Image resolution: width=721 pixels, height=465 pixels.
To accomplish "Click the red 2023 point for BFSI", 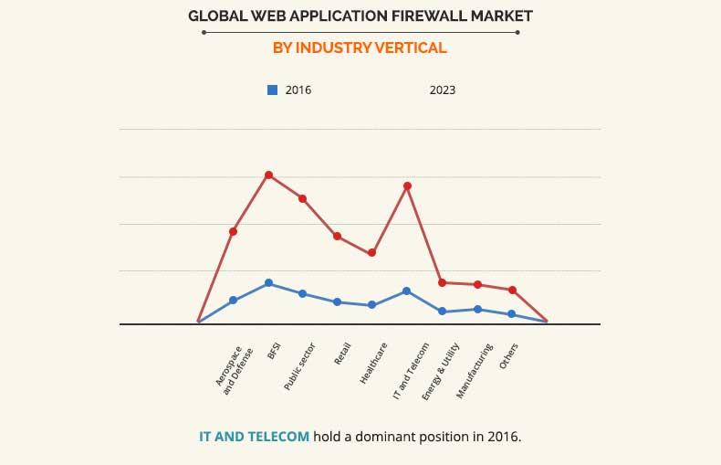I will [268, 174].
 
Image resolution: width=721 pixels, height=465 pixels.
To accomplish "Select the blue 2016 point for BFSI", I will [268, 283].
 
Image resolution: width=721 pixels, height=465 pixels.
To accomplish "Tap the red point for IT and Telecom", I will [407, 186].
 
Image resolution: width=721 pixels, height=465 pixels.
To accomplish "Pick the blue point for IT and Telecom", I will [407, 291].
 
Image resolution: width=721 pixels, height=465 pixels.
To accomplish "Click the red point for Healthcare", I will [372, 253].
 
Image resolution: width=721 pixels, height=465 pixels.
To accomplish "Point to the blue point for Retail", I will [338, 302].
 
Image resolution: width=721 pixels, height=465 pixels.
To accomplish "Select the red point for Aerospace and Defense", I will [234, 232].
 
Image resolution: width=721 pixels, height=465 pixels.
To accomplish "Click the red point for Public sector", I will [302, 198].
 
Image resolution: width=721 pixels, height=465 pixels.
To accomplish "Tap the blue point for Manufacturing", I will [477, 310].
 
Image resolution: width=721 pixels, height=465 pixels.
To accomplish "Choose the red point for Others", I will [513, 291].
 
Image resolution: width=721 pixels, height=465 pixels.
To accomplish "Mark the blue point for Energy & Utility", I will [442, 312].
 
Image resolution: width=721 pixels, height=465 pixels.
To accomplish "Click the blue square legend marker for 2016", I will [272, 90].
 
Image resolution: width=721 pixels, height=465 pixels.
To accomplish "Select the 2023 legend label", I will [443, 90].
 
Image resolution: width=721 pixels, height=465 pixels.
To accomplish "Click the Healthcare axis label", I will [374, 364].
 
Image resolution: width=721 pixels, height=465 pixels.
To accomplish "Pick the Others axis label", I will [509, 356].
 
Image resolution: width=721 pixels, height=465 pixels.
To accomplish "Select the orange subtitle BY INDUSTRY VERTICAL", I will [360, 48].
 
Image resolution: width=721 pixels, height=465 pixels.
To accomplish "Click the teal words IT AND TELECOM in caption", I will [254, 437].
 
